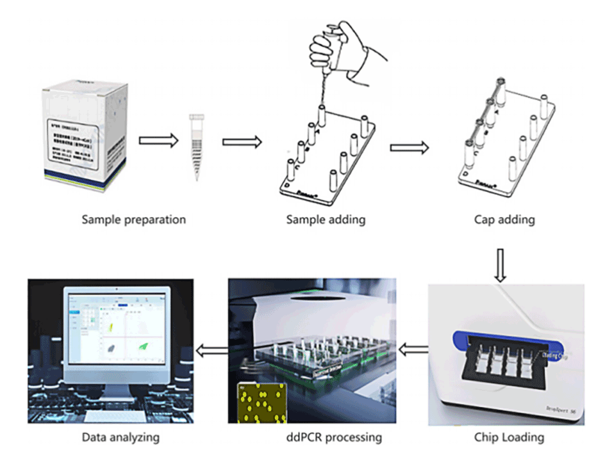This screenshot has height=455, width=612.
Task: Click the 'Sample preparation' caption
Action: coord(133,220)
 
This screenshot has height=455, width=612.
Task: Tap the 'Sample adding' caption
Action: coord(326,220)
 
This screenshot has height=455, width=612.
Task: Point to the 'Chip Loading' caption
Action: coord(511,438)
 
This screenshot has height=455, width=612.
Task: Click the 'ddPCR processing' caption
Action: coord(335,438)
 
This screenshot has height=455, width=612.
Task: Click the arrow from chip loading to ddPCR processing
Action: coord(414,349)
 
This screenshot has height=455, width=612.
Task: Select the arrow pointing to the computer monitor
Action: coord(211,349)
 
